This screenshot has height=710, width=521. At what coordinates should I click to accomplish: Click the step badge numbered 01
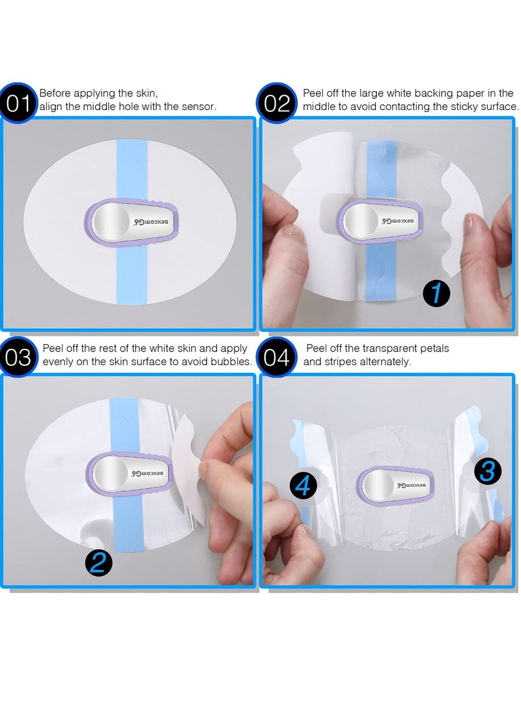(x=20, y=103)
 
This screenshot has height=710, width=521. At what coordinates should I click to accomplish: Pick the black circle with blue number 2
(x=98, y=562)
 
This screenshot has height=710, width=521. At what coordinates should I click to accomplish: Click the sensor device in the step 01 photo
(x=132, y=223)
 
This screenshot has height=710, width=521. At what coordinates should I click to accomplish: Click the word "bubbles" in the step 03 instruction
(x=231, y=361)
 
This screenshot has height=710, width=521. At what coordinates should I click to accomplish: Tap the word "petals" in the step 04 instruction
(x=433, y=349)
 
